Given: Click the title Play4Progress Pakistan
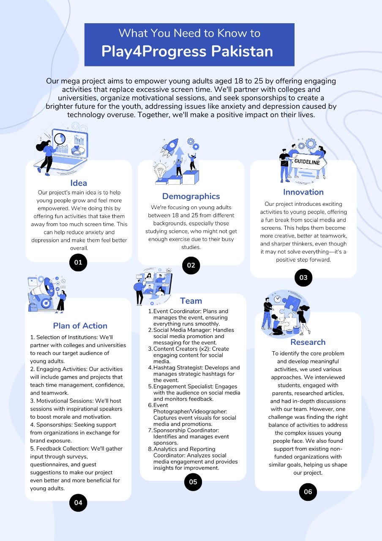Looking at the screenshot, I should point(187,51).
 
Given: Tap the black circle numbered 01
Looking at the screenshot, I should point(78,262).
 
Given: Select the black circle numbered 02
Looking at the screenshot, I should point(191,265).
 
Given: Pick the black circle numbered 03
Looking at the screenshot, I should point(303,278).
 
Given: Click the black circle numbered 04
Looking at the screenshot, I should point(78,503).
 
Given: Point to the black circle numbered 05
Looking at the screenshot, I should point(193,482).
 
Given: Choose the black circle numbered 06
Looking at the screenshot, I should point(308,492).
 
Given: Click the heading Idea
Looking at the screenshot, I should point(79,183).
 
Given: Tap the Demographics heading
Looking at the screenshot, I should point(191,196).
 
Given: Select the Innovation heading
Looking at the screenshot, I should point(303,192).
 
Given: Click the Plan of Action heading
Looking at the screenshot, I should point(80,325).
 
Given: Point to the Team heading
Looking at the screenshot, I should point(191,301).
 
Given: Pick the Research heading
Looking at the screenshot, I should point(308,342).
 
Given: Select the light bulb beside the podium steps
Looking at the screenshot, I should point(162,172).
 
